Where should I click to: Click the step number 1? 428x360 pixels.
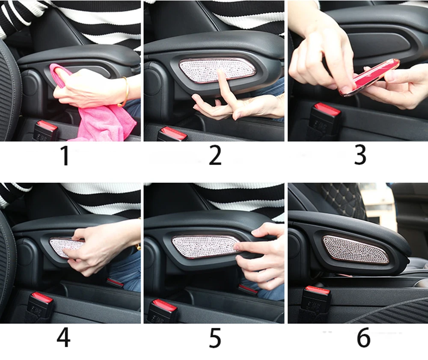point(65,155)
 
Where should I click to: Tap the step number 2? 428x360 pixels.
point(215,155)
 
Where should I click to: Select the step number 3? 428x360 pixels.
point(360,155)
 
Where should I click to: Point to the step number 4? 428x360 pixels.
point(63,338)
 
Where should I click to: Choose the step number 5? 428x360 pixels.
point(215,339)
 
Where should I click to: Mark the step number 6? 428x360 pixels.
point(363,338)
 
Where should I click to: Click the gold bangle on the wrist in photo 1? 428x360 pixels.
point(124,92)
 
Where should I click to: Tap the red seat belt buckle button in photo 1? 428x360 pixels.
point(47,126)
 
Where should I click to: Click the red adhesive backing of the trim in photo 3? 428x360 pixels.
point(369,77)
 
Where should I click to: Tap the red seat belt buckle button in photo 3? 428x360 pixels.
point(327,109)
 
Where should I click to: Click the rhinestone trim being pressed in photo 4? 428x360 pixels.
point(65,247)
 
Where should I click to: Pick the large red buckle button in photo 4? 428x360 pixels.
point(42,297)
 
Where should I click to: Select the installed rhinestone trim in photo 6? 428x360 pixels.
point(356,250)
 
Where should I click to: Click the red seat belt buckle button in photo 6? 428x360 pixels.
point(318,290)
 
